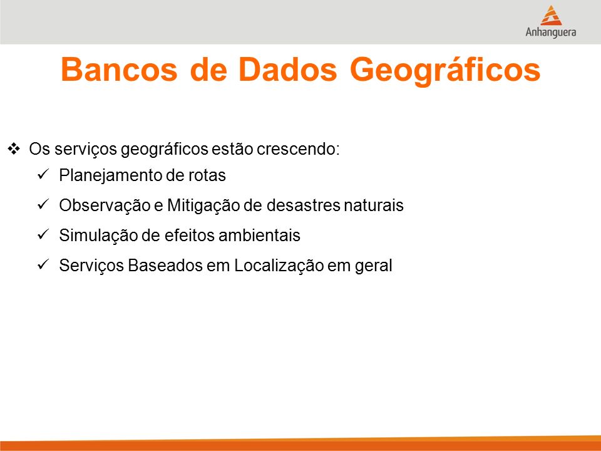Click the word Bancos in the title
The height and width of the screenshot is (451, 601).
(x=119, y=70)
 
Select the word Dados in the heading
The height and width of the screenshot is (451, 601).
(x=287, y=70)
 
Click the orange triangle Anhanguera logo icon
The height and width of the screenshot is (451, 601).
(x=551, y=15)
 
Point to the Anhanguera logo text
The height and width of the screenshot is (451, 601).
(x=551, y=32)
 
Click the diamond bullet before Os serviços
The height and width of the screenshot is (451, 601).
(x=14, y=148)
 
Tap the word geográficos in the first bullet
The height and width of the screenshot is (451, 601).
(x=165, y=150)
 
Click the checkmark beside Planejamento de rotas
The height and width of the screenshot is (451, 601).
(x=43, y=174)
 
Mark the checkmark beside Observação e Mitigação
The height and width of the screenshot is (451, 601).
(x=43, y=204)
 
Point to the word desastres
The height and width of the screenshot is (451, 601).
(x=303, y=205)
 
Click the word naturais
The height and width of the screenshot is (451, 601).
(x=373, y=205)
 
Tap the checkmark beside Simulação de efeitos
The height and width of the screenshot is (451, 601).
(x=43, y=234)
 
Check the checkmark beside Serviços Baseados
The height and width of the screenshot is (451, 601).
(x=43, y=264)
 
